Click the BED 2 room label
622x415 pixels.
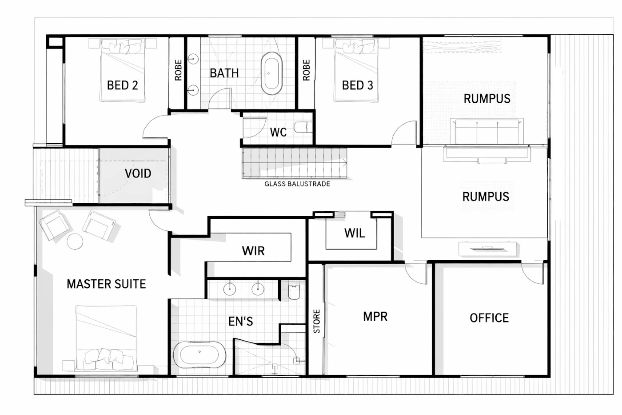coord(123,85)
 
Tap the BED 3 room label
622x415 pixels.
coord(357,85)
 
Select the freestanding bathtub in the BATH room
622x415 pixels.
coord(271,73)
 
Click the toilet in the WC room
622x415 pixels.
coord(303,127)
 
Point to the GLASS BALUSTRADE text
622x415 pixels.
coord(297,184)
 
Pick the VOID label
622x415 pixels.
coord(138,173)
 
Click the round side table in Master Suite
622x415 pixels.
coord(75,241)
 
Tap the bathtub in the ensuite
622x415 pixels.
coord(199,355)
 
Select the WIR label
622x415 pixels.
coord(253,251)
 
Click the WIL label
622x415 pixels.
coord(355,233)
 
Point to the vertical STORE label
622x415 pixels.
coord(316,321)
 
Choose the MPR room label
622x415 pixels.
coord(375,316)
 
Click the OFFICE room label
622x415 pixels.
coord(489,318)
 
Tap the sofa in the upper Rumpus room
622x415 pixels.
coord(487,131)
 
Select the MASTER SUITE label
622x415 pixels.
coord(106,284)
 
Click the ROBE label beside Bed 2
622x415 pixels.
coord(178,70)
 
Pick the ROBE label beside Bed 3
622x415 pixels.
coord(306,70)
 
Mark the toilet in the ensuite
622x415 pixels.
coord(294,292)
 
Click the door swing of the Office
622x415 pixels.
coord(532,274)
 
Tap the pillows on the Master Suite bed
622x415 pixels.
coord(104,359)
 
